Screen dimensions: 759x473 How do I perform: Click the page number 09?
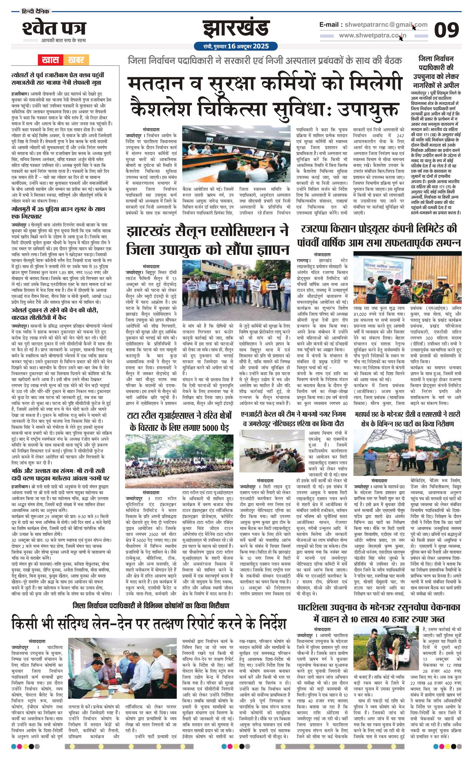pyautogui.click(x=446, y=30)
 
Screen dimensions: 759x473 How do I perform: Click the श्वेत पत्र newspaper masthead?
pyautogui.click(x=54, y=29)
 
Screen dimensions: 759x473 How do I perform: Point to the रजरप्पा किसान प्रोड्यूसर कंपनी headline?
pyautogui.click(x=379, y=236)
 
